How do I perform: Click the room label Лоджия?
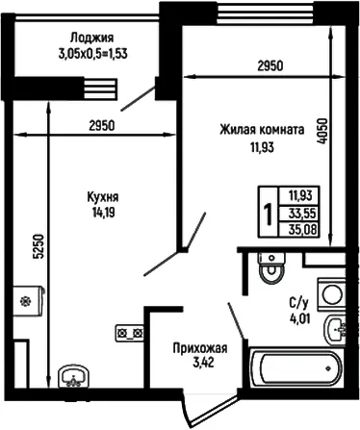(91, 38)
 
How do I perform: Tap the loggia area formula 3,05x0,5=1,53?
(92, 54)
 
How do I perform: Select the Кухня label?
(103, 197)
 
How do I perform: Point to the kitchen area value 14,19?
(103, 213)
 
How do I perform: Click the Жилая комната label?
(262, 130)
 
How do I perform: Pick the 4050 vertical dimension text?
(322, 131)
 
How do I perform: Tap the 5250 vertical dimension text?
(39, 246)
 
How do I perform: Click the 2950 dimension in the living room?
(270, 65)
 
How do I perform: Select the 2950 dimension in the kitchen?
(101, 126)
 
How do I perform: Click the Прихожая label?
(200, 348)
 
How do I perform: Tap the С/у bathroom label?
(298, 302)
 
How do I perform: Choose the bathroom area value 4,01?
(299, 318)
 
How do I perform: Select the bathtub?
(296, 368)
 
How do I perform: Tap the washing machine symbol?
(331, 294)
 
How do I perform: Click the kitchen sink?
(74, 376)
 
